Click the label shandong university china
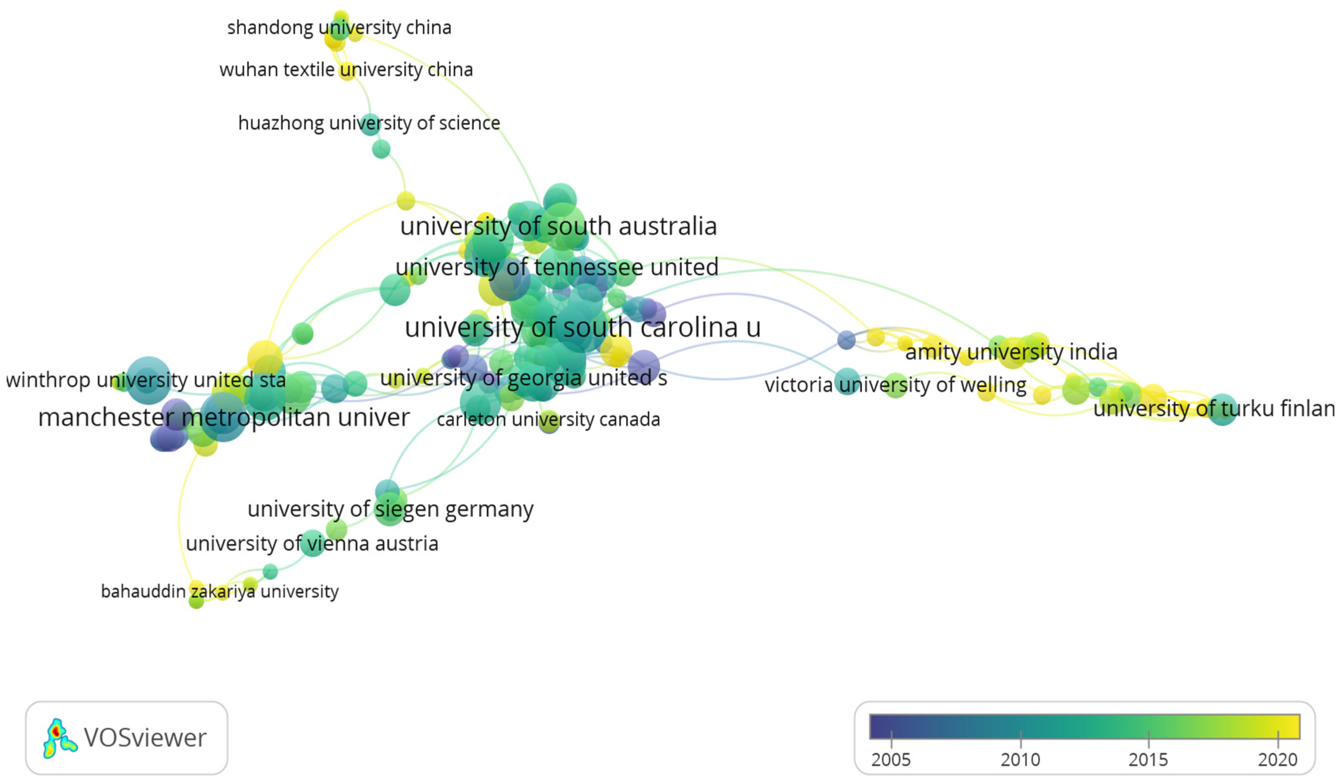(x=339, y=27)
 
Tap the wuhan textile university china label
(x=346, y=70)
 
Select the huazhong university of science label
(x=369, y=123)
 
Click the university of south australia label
(x=558, y=226)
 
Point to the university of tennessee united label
(x=557, y=267)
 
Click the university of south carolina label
(x=582, y=327)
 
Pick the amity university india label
(x=1011, y=352)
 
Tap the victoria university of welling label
(x=895, y=385)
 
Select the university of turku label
(x=1214, y=409)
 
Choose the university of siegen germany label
(x=390, y=509)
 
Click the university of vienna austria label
(x=312, y=544)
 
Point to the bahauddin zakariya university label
(x=220, y=591)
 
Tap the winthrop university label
(x=145, y=380)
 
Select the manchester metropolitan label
(x=224, y=418)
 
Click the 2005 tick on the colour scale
(x=891, y=739)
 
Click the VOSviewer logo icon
(x=59, y=738)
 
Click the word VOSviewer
(x=145, y=738)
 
